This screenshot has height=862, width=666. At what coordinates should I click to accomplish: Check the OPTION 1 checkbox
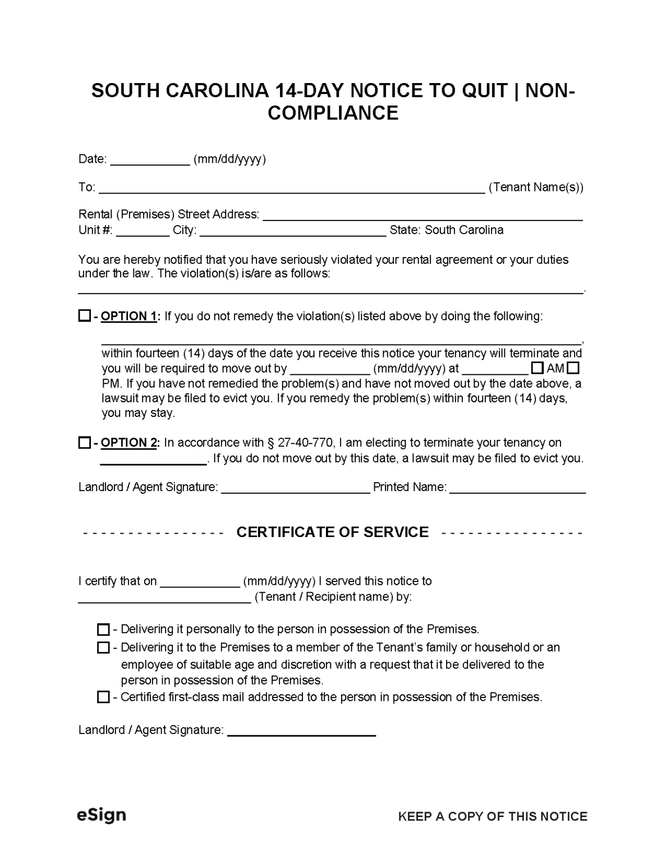click(x=84, y=316)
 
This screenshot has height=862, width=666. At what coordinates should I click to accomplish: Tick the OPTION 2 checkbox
click(x=84, y=443)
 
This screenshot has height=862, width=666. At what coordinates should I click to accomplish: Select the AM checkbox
click(x=537, y=369)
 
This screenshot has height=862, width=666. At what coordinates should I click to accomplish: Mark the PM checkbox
click(x=573, y=369)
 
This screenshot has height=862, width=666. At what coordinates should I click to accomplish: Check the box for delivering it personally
click(x=103, y=629)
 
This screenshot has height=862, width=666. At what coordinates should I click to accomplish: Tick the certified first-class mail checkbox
click(x=103, y=697)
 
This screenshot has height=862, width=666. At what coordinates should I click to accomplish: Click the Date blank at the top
click(x=150, y=160)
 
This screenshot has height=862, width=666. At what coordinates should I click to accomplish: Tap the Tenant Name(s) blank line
click(x=292, y=188)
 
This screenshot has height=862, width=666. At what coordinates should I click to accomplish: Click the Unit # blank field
click(x=143, y=231)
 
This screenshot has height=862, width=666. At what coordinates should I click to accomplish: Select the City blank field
click(x=293, y=231)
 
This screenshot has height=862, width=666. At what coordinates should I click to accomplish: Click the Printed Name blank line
click(x=517, y=488)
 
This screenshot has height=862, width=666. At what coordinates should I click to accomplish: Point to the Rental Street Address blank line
click(x=422, y=215)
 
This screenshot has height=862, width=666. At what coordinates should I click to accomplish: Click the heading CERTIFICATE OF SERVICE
click(x=332, y=532)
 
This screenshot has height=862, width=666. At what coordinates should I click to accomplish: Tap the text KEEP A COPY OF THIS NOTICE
click(x=493, y=817)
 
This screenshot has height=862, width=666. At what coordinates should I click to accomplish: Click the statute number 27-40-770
click(x=306, y=443)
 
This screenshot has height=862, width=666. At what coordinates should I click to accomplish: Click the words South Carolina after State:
click(x=464, y=230)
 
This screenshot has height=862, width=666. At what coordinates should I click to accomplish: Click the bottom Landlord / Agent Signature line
click(x=301, y=731)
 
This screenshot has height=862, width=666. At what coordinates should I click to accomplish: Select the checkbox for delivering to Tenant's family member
click(x=103, y=648)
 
